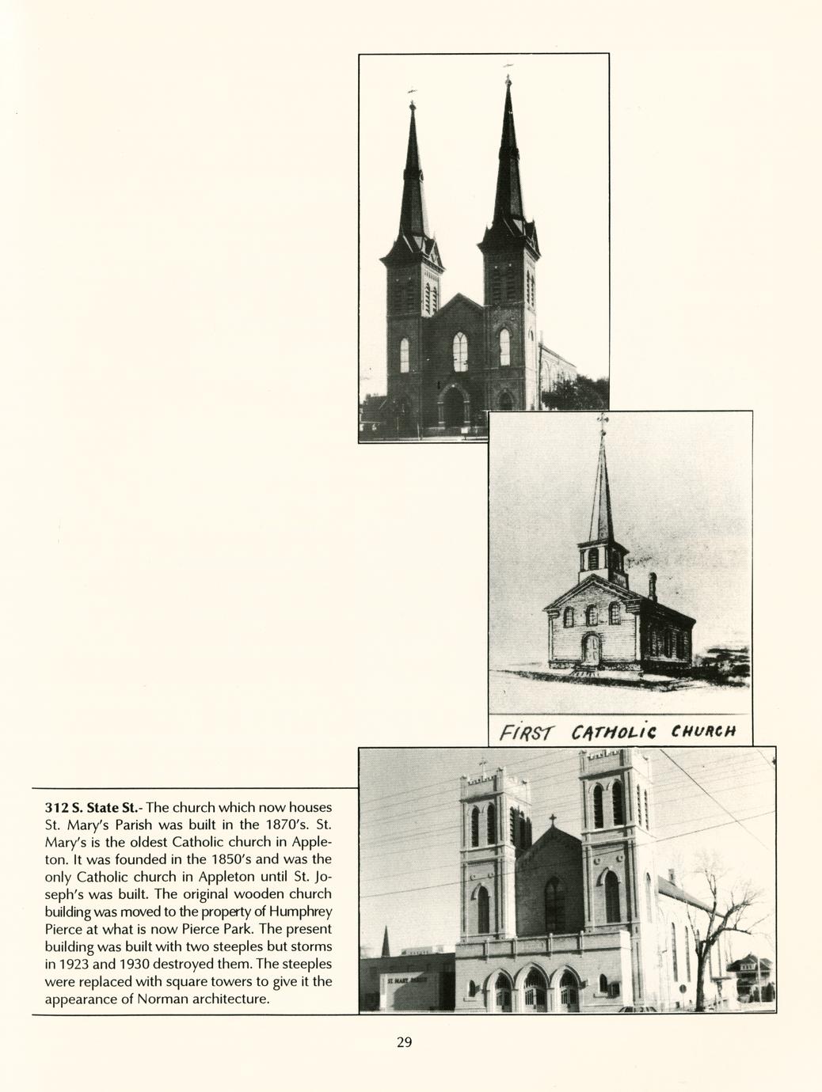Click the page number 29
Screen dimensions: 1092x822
tap(404, 1042)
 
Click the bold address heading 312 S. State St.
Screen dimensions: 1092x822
tap(93, 808)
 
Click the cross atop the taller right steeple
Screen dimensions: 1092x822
tap(508, 79)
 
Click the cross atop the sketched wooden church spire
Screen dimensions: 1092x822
tap(603, 420)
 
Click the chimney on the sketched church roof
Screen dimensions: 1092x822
tap(653, 586)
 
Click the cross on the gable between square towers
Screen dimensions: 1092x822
tap(552, 820)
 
